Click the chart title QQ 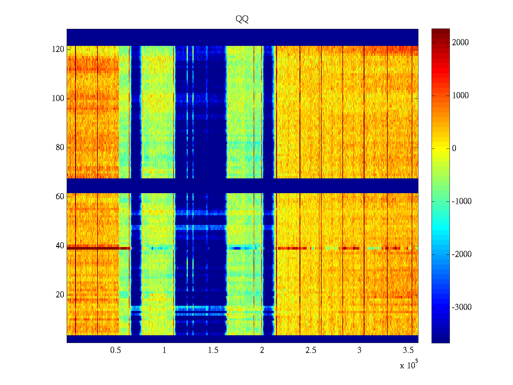pyautogui.click(x=242, y=19)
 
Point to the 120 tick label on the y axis pyautogui.click(x=58, y=49)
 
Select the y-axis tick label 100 pyautogui.click(x=58, y=98)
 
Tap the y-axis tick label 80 pyautogui.click(x=60, y=148)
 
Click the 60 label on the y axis pyautogui.click(x=60, y=197)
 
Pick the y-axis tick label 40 pyautogui.click(x=60, y=246)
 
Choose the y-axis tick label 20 pyautogui.click(x=60, y=295)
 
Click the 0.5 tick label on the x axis pyautogui.click(x=115, y=350)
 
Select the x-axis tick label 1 pyautogui.click(x=164, y=350)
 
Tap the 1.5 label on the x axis pyautogui.click(x=213, y=350)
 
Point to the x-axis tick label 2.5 pyautogui.click(x=311, y=350)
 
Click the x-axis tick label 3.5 pyautogui.click(x=408, y=350)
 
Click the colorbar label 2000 pyautogui.click(x=460, y=43)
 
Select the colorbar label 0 pyautogui.click(x=454, y=149)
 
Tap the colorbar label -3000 pyautogui.click(x=461, y=307)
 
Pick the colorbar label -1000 pyautogui.click(x=461, y=201)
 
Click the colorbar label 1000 pyautogui.click(x=460, y=96)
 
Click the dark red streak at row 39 pyautogui.click(x=93, y=248)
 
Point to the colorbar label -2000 pyautogui.click(x=461, y=254)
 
